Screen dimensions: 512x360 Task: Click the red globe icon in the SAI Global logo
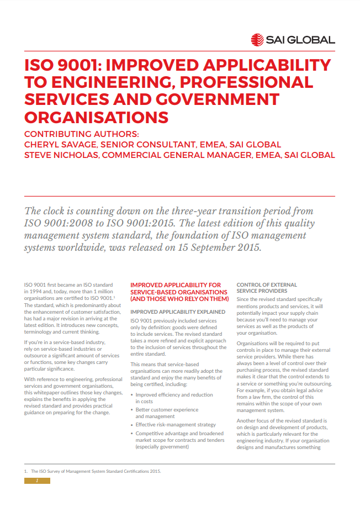[x=257, y=40]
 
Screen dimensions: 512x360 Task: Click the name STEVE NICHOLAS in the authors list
[x=61, y=155]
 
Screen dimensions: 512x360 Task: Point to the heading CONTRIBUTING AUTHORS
[x=82, y=134]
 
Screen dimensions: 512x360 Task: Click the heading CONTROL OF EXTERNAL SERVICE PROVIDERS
[x=267, y=287]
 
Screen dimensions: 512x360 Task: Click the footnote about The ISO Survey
[x=94, y=471]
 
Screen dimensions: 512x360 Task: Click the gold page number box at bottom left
[x=37, y=481]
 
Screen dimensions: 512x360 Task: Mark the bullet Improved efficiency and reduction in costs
[x=174, y=398]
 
